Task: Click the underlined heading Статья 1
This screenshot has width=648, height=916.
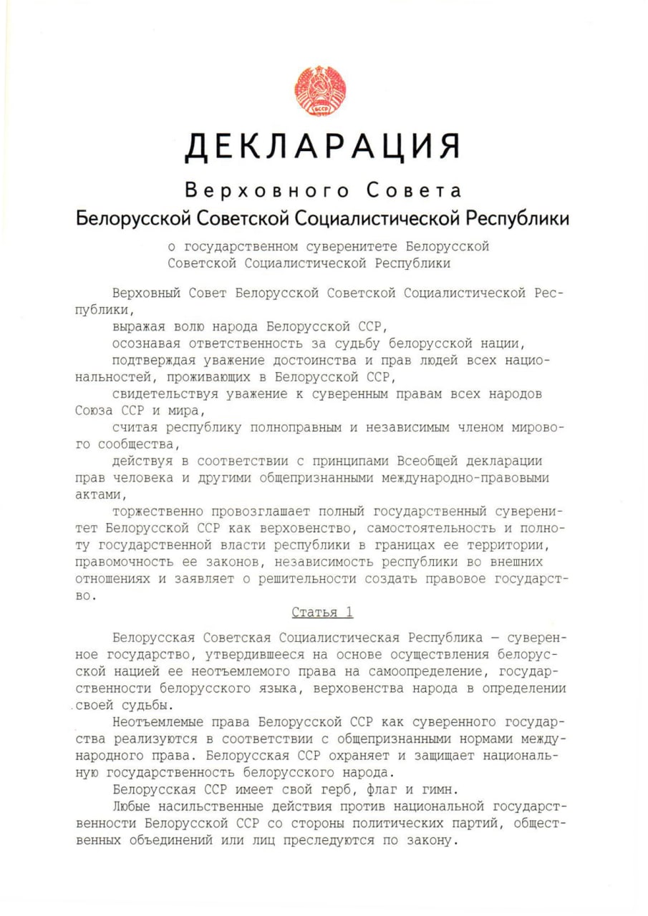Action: click(x=322, y=613)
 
